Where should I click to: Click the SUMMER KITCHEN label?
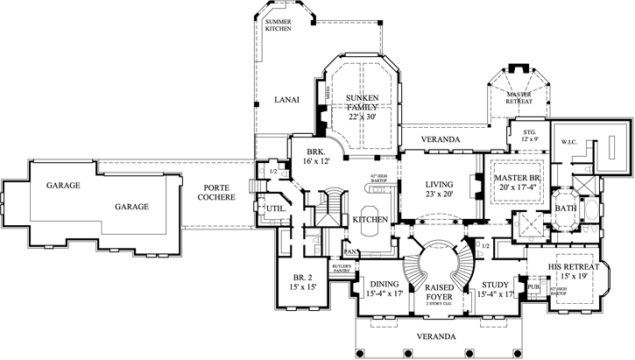279,25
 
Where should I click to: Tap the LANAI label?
287,100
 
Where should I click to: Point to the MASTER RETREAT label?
519,97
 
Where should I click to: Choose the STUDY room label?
495,284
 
